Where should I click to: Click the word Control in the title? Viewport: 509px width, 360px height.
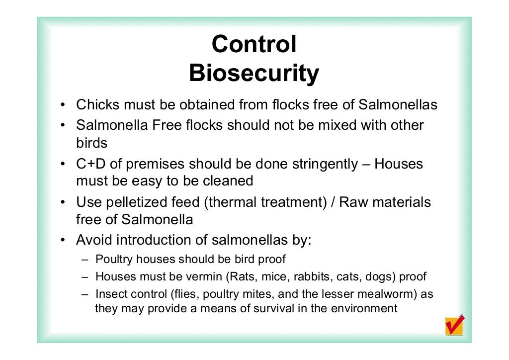pos(254,45)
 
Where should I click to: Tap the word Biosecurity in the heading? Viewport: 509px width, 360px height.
pos(254,74)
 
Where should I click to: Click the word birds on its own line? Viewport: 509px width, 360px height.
pos(91,143)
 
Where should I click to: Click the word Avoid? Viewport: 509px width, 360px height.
pos(94,240)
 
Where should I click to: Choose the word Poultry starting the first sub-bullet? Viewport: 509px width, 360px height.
pos(114,260)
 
